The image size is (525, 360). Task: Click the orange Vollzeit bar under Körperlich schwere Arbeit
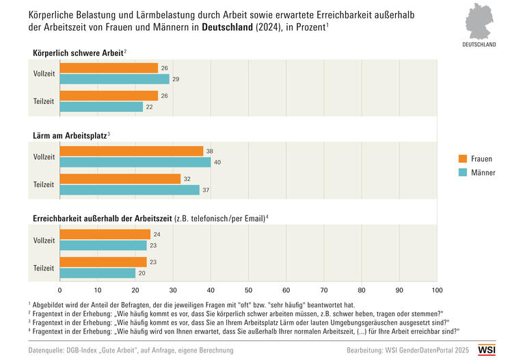tap(109, 68)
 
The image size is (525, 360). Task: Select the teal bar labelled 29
tap(114, 79)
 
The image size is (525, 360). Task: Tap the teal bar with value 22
tap(101, 107)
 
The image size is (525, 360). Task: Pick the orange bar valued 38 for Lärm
tap(131, 151)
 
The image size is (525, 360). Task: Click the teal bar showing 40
tap(135, 162)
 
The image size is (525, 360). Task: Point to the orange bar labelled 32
tap(120, 179)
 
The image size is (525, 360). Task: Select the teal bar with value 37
tap(130, 190)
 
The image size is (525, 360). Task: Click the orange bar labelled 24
tap(105, 234)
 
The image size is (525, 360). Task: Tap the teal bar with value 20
tap(98, 273)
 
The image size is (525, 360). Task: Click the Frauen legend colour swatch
tap(463, 158)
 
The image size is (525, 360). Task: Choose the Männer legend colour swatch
tap(463, 173)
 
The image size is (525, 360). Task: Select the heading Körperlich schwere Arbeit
tap(78, 52)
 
